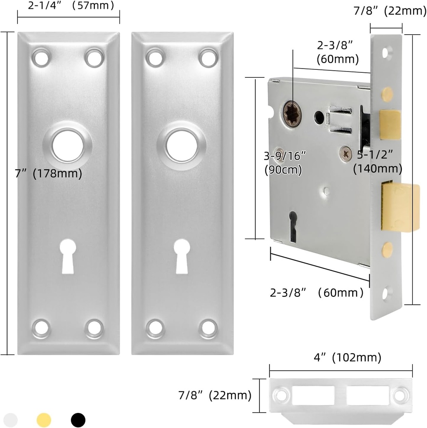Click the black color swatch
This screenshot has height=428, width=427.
[x=78, y=419]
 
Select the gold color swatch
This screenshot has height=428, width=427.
[x=44, y=419]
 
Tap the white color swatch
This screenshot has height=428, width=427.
[x=10, y=419]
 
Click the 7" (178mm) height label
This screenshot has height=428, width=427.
[x=48, y=173]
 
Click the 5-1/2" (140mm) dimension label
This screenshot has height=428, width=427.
[x=378, y=161]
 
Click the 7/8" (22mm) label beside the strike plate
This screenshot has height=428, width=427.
[x=215, y=395]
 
